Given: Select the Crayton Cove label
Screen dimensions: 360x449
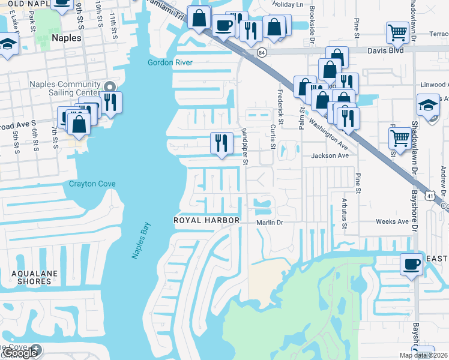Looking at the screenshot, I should click(91, 184).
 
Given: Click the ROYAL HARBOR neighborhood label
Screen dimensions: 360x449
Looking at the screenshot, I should click(206, 221).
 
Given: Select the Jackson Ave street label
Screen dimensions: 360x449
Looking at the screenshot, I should click(330, 155).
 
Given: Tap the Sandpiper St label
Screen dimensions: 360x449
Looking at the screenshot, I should click(245, 146).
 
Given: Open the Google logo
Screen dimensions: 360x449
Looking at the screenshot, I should click(21, 353).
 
